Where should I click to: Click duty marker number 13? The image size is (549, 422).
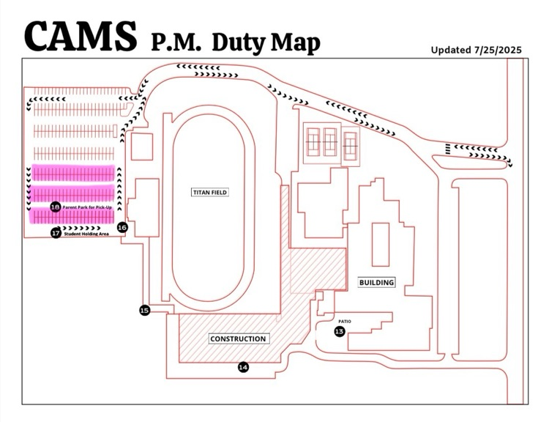pyautogui.click(x=339, y=332)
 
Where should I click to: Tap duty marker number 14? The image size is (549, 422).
pyautogui.click(x=244, y=367)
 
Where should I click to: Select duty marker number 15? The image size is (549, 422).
pyautogui.click(x=144, y=311)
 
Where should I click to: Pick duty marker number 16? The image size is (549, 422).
pyautogui.click(x=122, y=228)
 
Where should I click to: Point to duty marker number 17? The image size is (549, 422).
pyautogui.click(x=56, y=233)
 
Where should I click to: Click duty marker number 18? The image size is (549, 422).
pyautogui.click(x=56, y=207)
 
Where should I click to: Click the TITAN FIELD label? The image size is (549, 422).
pyautogui.click(x=210, y=193)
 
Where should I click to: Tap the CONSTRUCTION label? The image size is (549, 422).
pyautogui.click(x=238, y=338)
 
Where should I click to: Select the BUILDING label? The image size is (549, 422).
pyautogui.click(x=376, y=282)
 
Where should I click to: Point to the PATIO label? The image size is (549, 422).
pyautogui.click(x=345, y=321)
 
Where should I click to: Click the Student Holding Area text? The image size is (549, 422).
pyautogui.click(x=86, y=234)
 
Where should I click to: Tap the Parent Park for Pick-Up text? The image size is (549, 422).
pyautogui.click(x=91, y=208)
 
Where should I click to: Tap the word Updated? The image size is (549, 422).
pyautogui.click(x=451, y=50)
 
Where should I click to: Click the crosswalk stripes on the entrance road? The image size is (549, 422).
pyautogui.click(x=446, y=150)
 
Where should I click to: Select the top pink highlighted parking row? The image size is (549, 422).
pyautogui.click(x=72, y=173)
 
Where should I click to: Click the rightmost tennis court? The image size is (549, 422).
pyautogui.click(x=350, y=144)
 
